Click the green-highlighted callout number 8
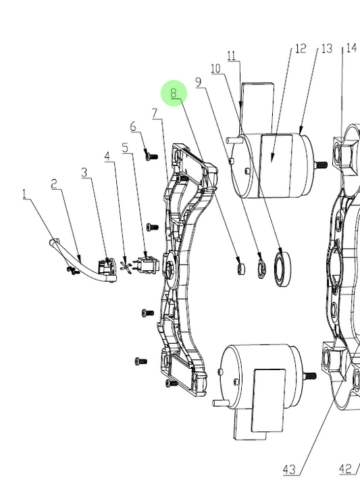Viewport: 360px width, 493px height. tap(174, 93)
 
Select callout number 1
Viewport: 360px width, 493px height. tap(25, 194)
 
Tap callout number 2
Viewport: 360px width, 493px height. tap(55, 184)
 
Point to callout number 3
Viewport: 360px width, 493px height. tap(84, 173)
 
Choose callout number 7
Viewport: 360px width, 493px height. tap(154, 113)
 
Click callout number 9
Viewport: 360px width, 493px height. tap(198, 82)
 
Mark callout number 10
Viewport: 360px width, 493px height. tap(215, 68)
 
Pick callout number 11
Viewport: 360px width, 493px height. tap(232, 55)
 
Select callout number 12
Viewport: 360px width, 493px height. tap(301, 49)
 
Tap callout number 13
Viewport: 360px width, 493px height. tap(327, 49)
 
